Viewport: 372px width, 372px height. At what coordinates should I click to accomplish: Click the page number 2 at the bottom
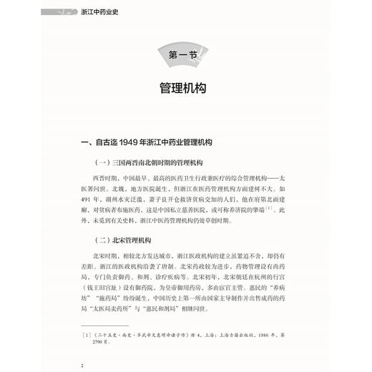(x=83, y=365)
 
